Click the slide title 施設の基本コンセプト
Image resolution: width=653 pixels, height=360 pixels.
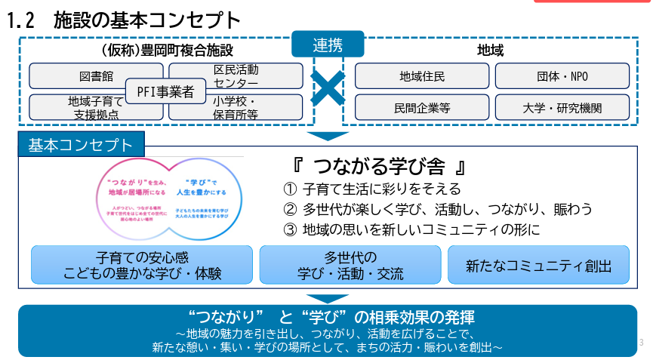coord(147,21)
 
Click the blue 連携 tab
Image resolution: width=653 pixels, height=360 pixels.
coord(328,44)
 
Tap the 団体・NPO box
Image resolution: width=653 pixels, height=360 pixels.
coord(562,76)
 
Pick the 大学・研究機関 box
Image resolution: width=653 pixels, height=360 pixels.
coord(562,107)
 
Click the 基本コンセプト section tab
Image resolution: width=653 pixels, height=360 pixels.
coord(81,145)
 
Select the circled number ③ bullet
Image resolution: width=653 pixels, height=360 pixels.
coord(290,229)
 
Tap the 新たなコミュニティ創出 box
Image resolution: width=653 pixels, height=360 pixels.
coord(538,264)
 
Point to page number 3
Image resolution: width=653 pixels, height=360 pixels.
coord(641,343)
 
